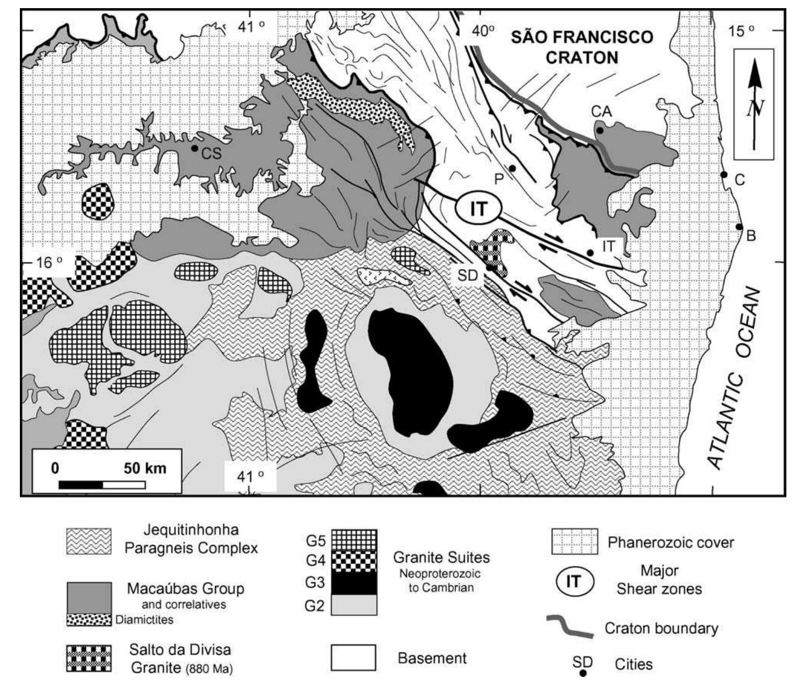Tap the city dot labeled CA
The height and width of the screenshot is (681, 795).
[600, 130]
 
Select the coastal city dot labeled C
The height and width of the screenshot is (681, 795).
[723, 175]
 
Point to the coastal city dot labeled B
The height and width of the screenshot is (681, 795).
[739, 227]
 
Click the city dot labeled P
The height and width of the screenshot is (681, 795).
[512, 168]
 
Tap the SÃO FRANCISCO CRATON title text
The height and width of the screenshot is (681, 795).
[581, 47]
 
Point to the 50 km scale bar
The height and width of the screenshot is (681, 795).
[102, 484]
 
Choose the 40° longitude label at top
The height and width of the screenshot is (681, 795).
[483, 31]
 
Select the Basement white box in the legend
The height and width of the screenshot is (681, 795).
[354, 658]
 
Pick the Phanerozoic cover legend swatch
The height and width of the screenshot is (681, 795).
[575, 542]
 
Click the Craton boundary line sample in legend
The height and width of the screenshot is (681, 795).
[570, 627]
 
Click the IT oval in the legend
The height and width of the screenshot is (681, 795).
[573, 581]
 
